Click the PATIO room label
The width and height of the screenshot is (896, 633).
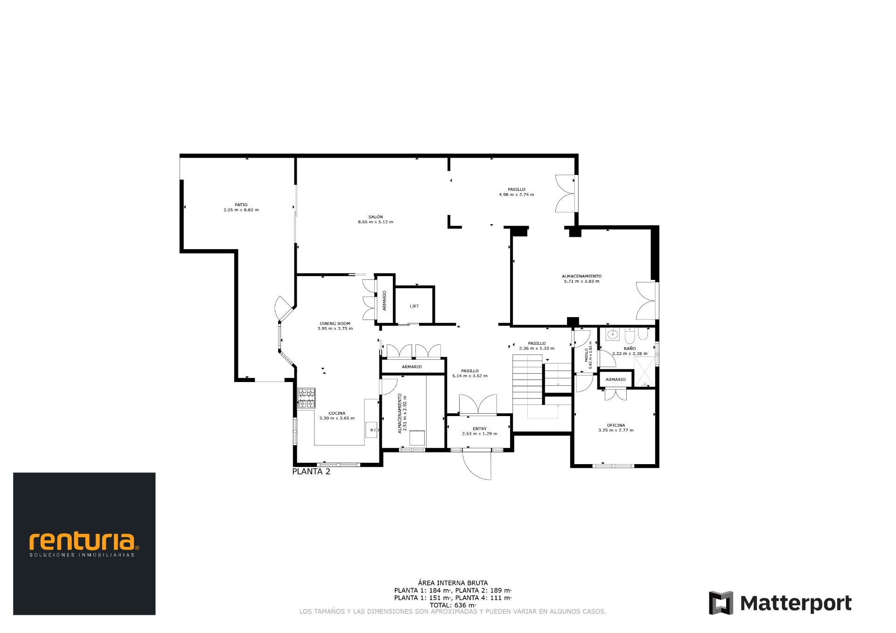[241, 205]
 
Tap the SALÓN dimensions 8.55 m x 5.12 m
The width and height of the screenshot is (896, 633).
[375, 222]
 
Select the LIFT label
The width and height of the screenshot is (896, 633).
[414, 306]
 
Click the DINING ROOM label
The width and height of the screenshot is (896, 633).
[335, 323]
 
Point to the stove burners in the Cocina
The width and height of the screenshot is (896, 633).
[307, 398]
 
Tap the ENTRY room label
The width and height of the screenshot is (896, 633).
[479, 429]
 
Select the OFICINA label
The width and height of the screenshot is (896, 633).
[616, 425]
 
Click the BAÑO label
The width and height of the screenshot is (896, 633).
[630, 348]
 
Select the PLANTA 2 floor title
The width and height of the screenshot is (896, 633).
[311, 472]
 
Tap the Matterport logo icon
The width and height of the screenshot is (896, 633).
[721, 603]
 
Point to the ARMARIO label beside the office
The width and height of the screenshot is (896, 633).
[615, 379]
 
